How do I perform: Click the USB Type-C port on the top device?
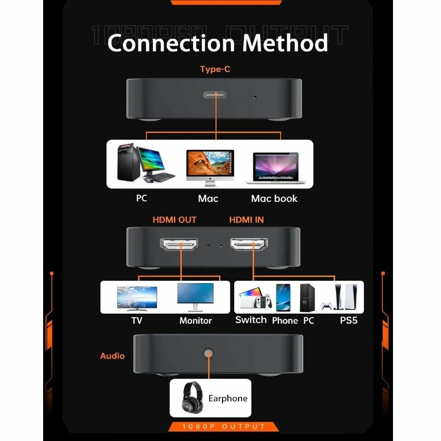tap(217, 94)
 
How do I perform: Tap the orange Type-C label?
tap(215, 69)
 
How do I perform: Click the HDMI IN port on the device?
tap(250, 244)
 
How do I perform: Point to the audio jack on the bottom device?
tap(209, 353)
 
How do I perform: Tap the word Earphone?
tap(228, 398)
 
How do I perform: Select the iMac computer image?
tap(210, 167)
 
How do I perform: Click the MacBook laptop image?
tap(275, 168)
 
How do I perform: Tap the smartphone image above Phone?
tap(283, 297)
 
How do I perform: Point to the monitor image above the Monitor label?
tap(195, 296)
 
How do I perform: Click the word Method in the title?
tap(285, 43)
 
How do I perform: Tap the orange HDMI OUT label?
tap(174, 220)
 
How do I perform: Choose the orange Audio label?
tap(112, 356)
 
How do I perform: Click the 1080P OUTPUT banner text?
tap(223, 427)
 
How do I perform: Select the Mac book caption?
tap(274, 198)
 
